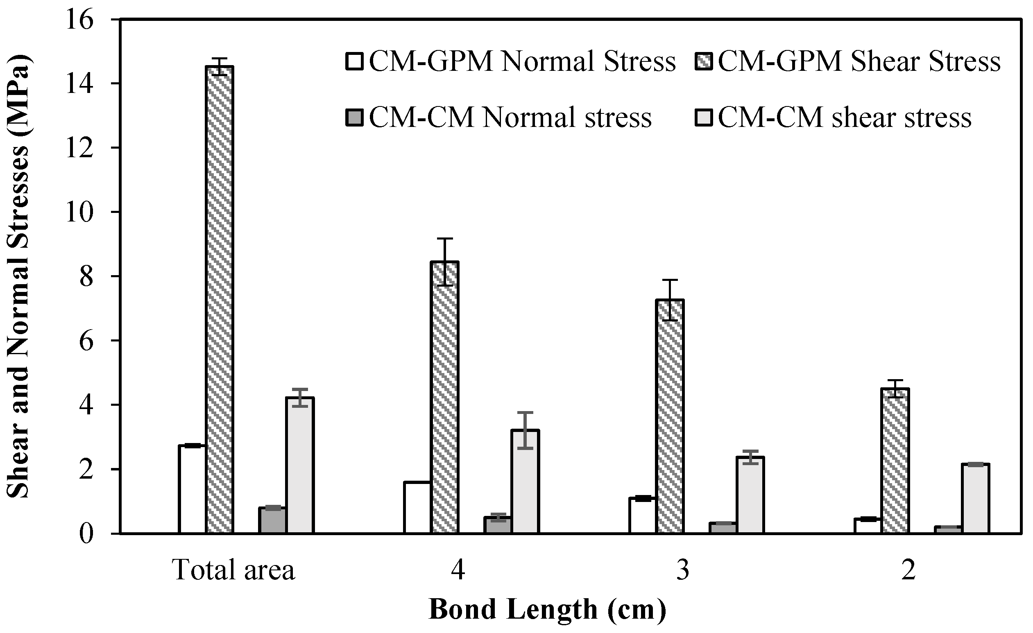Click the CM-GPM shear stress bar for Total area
(x=220, y=300)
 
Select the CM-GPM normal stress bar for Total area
(x=193, y=489)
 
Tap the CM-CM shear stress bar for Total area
(x=300, y=465)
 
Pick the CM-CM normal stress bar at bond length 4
(x=498, y=525)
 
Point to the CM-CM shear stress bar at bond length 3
(x=750, y=495)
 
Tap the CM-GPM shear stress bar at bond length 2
(x=895, y=461)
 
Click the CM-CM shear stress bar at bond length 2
(x=976, y=498)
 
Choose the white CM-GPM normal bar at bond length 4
(x=417, y=508)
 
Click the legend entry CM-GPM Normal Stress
(x=522, y=62)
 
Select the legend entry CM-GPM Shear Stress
(x=859, y=62)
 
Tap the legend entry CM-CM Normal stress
(x=510, y=118)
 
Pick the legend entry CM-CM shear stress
(x=845, y=118)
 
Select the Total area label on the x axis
(x=234, y=570)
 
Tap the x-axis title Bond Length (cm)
(x=547, y=610)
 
